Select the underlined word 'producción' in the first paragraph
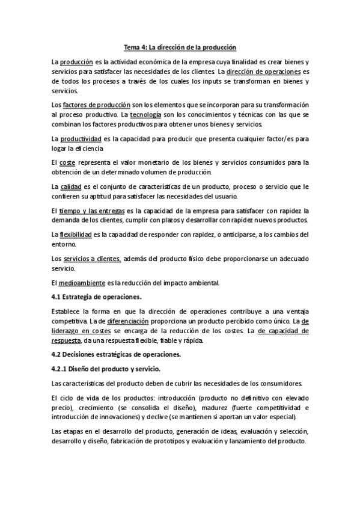coord(76,62)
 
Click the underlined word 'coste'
coord(68,162)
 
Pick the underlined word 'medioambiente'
coord(81,283)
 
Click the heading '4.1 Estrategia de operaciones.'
coord(97,297)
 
